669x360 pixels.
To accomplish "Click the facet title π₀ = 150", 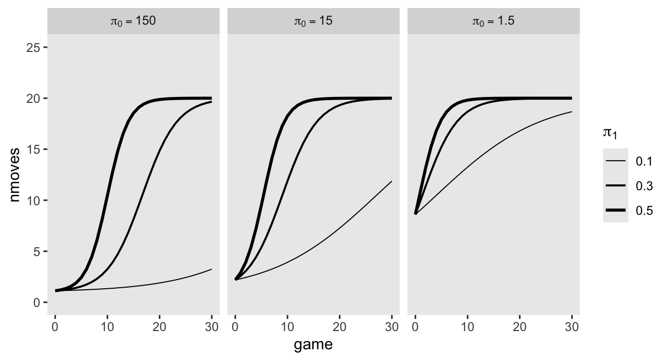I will point(133,22).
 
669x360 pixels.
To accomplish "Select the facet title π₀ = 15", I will point(314,22).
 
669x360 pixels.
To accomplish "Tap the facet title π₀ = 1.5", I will point(494,22).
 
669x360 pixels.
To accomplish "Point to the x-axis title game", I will point(313,345).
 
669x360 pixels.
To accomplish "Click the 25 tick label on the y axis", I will point(33,48).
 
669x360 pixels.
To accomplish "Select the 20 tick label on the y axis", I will point(33,99).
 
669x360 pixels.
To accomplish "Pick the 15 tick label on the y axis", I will point(33,149).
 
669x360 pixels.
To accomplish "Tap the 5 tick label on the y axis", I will point(36,251).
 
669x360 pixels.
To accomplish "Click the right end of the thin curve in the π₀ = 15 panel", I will point(391,182).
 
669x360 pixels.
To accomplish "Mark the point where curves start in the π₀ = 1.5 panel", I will point(415,214).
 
